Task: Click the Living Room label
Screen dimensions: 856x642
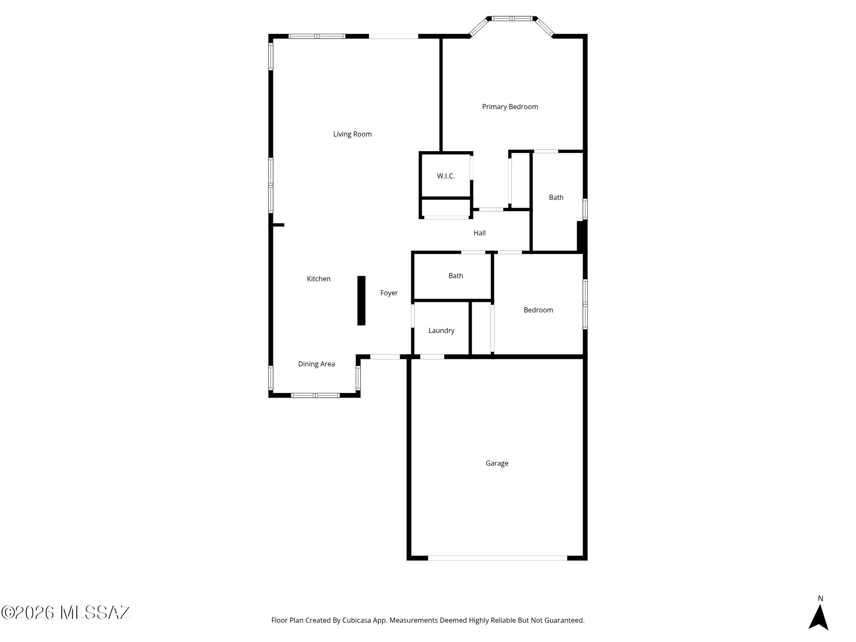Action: click(x=352, y=134)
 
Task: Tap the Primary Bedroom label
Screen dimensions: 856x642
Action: click(x=510, y=107)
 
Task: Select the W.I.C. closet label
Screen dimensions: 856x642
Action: click(x=446, y=176)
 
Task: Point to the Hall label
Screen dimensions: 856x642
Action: click(x=479, y=233)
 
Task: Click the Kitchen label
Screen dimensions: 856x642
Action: click(x=318, y=279)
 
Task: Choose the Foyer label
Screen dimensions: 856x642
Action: click(x=389, y=293)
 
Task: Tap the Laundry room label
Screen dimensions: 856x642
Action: click(x=441, y=330)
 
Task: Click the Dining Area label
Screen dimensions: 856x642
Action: click(x=316, y=364)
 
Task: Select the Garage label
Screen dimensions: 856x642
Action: click(x=497, y=463)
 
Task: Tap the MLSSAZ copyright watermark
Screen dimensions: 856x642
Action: click(x=66, y=612)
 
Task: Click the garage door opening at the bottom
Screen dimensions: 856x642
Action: click(x=497, y=558)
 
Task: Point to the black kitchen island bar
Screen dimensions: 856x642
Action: click(x=361, y=300)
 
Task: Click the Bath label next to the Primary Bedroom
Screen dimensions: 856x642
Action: click(x=556, y=197)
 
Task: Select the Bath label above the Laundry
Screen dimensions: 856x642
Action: click(x=455, y=276)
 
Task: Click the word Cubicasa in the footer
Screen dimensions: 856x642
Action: click(x=357, y=620)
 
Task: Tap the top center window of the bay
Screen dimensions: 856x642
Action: click(x=512, y=18)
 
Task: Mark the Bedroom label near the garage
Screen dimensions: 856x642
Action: click(x=538, y=310)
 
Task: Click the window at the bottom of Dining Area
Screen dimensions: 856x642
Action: click(x=315, y=395)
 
